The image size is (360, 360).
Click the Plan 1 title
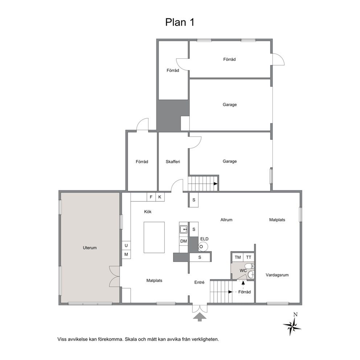coord(180,22)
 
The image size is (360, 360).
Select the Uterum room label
coord(90,248)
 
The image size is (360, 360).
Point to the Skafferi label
coord(173,161)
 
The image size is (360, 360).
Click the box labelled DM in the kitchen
coord(184,241)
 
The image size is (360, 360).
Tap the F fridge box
coord(151,197)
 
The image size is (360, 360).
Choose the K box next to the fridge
coord(160,197)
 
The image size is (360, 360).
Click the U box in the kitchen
coord(126,245)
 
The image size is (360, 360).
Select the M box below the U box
coord(126,254)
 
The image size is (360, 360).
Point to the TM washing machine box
coord(238,257)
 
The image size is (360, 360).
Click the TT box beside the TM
coord(249,257)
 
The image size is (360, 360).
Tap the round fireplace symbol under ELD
coord(203,246)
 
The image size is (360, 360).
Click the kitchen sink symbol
coord(184,229)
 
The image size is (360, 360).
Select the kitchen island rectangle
coord(154,237)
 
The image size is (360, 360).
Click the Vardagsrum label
coord(277,275)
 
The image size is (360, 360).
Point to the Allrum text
coord(226,220)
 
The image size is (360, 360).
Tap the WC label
coord(243,270)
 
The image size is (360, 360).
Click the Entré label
coord(199,282)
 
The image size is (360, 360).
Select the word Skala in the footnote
coord(131,339)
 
